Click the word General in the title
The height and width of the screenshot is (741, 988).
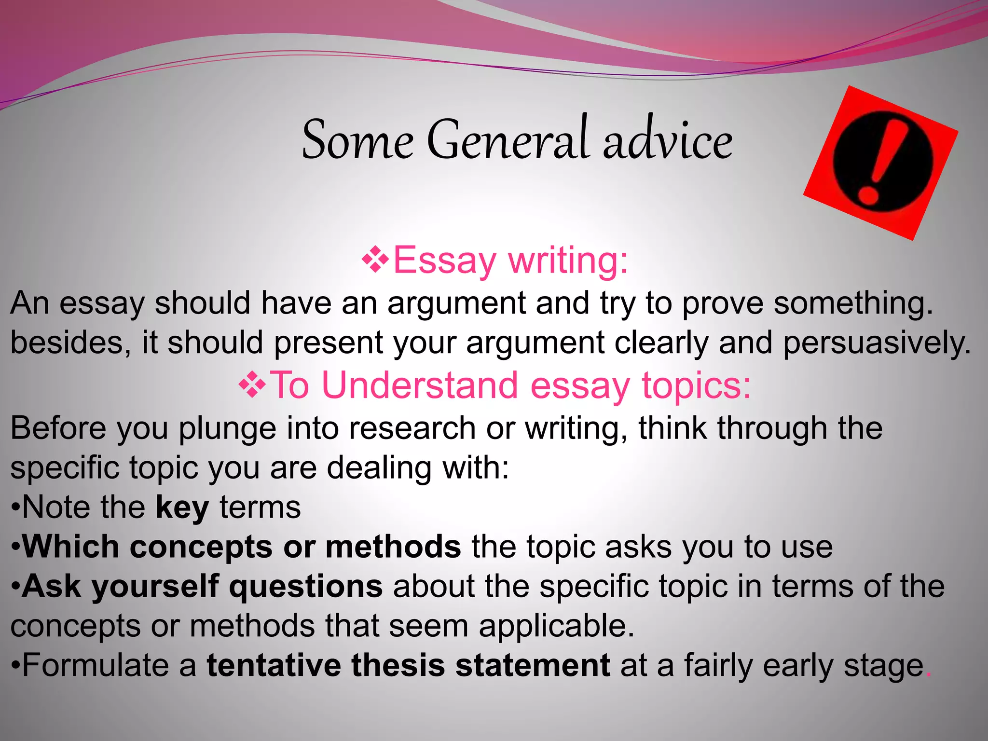click(x=508, y=140)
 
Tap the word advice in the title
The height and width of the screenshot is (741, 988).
click(x=668, y=140)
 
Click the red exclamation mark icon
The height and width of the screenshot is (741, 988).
click(x=881, y=163)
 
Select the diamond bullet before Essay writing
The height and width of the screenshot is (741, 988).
click(x=375, y=261)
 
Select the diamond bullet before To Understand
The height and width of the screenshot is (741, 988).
click(x=252, y=385)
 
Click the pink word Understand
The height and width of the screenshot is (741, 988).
click(x=419, y=385)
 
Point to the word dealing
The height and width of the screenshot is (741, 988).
click(x=379, y=468)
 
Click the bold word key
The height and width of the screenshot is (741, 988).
click(x=182, y=508)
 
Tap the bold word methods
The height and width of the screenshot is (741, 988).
click(x=393, y=547)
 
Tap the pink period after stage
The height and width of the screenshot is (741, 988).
click(x=928, y=674)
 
